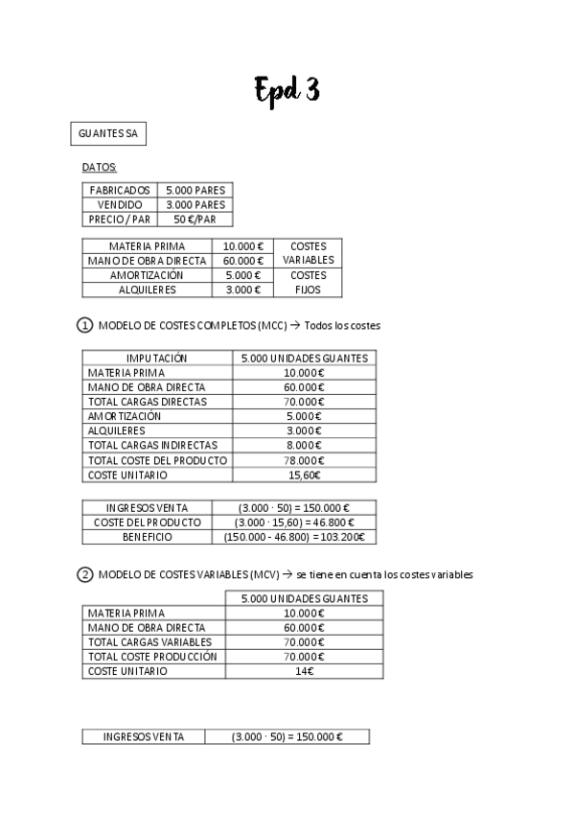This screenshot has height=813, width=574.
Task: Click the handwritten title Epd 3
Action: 287,90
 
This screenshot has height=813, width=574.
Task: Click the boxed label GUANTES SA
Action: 108,134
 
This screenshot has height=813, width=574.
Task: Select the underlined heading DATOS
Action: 100,168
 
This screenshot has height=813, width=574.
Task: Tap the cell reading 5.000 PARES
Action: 195,190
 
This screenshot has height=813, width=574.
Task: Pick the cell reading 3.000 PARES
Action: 195,204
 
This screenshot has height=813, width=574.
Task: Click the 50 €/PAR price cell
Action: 195,219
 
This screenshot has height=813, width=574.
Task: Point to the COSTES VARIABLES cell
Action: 308,253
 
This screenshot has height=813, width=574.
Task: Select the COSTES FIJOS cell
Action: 308,282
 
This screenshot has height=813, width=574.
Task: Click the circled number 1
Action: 84,325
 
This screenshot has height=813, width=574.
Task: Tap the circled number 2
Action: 84,574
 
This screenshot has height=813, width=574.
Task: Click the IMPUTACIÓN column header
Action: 157,359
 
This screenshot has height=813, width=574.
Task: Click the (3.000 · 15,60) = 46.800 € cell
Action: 294,523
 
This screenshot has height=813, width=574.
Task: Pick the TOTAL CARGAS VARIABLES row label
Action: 149,641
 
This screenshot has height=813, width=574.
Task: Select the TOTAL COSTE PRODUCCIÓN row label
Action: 152,657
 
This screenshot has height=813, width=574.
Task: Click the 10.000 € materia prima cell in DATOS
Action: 242,246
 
